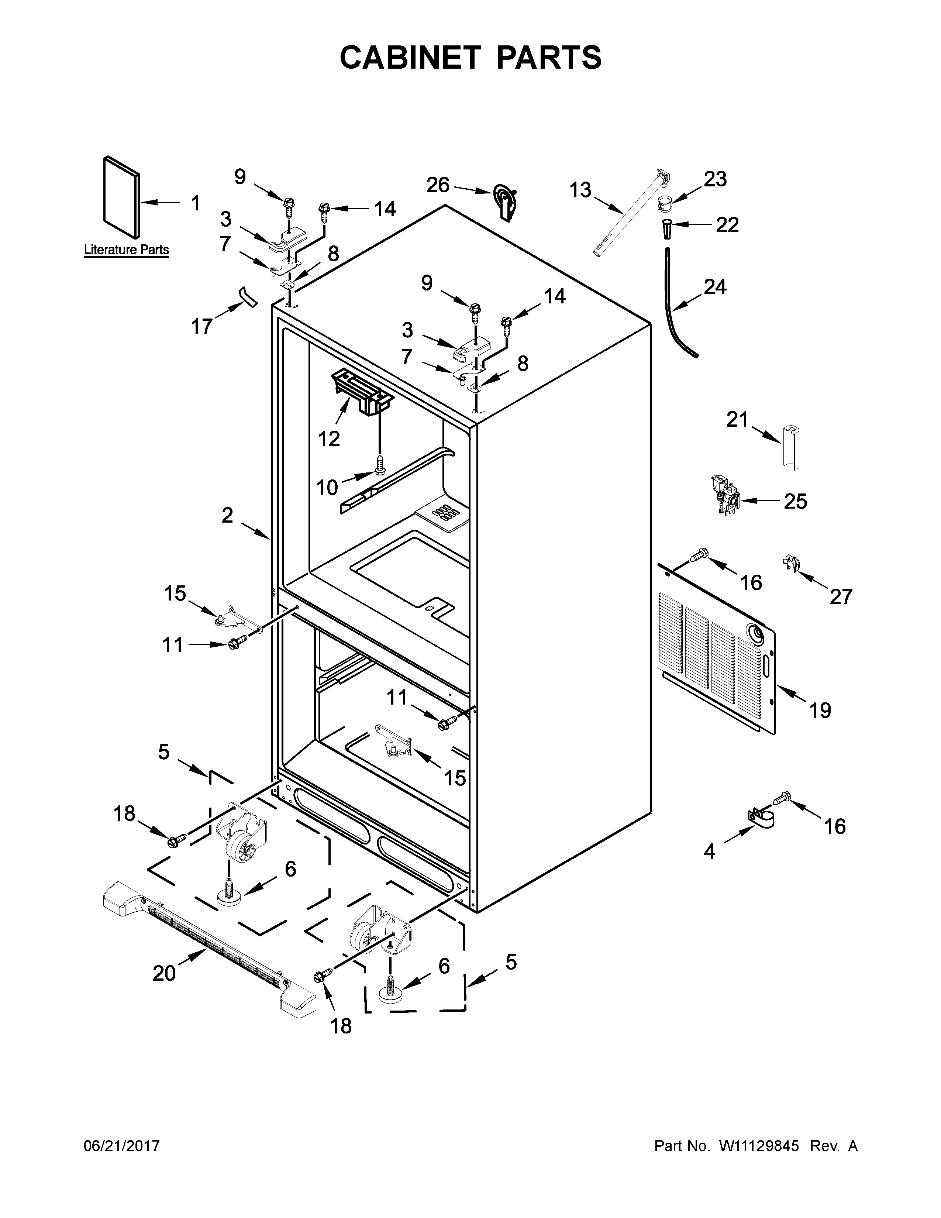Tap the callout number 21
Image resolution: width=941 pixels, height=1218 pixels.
(x=737, y=419)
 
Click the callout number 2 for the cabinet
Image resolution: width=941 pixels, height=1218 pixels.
(x=227, y=515)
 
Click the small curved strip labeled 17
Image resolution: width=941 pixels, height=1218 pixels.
(x=246, y=297)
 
